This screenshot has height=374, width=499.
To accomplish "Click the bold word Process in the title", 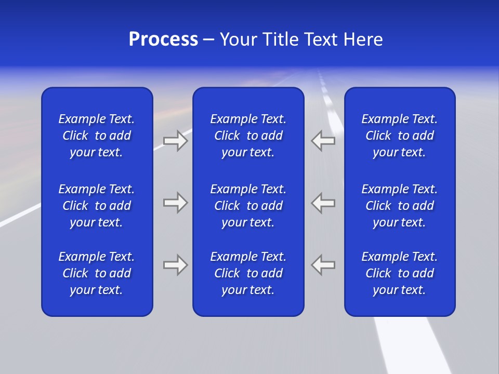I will click(163, 39).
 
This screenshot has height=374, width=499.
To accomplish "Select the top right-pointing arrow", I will click(176, 141).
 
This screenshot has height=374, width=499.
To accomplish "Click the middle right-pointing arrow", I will click(176, 203).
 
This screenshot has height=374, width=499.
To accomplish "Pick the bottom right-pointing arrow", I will click(176, 265).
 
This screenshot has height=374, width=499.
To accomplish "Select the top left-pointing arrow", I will click(323, 141).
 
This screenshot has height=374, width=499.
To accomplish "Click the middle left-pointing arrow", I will click(323, 203).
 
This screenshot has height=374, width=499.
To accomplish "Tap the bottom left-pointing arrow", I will click(323, 265).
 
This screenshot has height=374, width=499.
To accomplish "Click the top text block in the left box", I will click(97, 136).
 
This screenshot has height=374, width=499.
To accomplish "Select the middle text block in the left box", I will click(97, 206).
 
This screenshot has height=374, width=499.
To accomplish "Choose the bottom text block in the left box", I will click(97, 273).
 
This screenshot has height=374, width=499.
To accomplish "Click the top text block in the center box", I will click(248, 136).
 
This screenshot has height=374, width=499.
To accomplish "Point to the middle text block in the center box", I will click(248, 206).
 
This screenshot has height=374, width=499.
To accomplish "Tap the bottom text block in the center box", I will click(248, 273).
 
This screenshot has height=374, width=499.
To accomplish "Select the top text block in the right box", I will click(400, 136).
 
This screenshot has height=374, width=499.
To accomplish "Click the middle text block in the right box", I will click(400, 206).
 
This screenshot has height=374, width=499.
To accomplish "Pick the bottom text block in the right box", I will click(400, 273).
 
